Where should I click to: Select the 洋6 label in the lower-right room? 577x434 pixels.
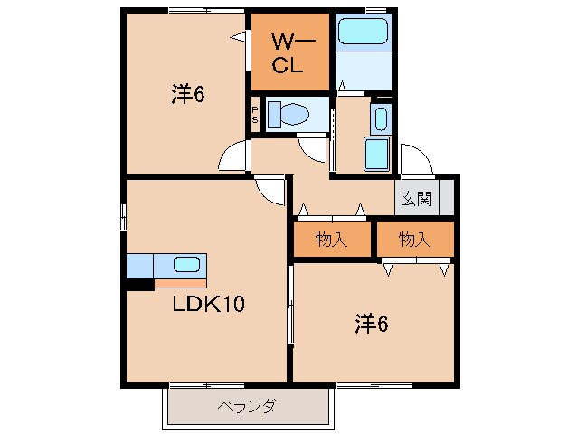(x=371, y=322)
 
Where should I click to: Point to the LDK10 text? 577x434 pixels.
(x=208, y=304)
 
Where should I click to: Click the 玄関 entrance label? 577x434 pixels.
(x=417, y=198)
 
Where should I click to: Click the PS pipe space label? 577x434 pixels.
(x=255, y=115)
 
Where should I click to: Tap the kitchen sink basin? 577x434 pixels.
(x=186, y=265)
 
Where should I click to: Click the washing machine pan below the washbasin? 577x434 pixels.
(x=377, y=154)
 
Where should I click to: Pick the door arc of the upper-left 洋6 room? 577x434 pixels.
(x=232, y=156)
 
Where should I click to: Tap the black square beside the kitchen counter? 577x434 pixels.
(x=138, y=285)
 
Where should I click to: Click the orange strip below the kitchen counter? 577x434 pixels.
(x=180, y=283)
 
